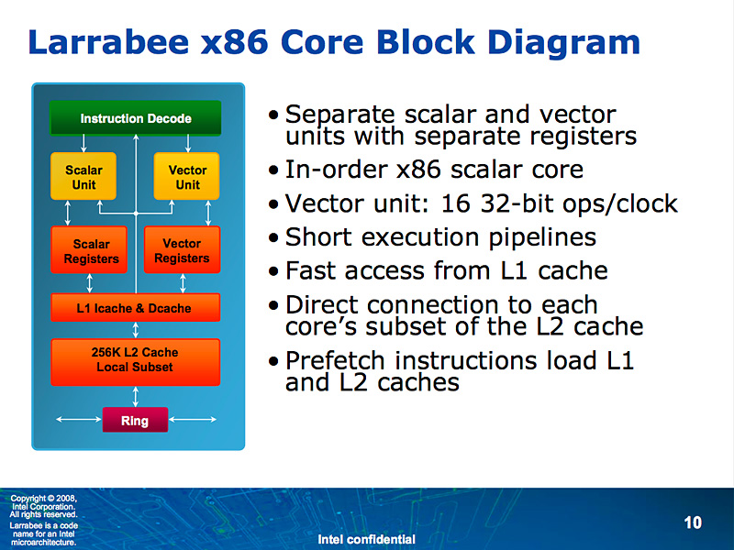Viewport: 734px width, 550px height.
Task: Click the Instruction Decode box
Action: point(135,118)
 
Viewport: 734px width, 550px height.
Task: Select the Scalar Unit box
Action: point(83,177)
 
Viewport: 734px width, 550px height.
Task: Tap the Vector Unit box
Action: point(187,177)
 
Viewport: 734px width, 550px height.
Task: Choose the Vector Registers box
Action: point(182,250)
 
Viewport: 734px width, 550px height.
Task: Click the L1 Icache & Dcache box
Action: point(135,308)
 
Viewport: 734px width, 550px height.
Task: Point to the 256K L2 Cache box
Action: point(135,360)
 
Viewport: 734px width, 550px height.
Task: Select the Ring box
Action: point(135,421)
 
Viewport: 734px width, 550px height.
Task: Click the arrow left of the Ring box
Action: point(78,421)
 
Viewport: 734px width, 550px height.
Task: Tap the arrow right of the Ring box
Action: point(193,421)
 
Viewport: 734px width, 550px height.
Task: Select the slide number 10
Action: point(693,522)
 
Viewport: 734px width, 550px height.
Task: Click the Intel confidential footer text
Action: point(366,539)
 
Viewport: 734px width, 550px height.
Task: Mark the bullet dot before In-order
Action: point(274,170)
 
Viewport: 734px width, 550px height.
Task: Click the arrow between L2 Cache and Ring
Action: point(135,396)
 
